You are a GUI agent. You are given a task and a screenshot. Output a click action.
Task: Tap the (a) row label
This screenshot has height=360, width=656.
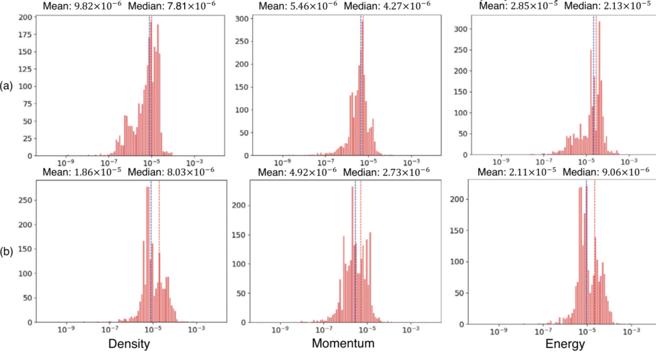pos(8,85)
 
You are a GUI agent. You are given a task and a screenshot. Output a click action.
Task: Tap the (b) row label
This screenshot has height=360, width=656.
pos(8,251)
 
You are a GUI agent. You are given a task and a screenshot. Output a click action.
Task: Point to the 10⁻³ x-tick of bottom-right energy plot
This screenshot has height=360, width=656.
pos(629,332)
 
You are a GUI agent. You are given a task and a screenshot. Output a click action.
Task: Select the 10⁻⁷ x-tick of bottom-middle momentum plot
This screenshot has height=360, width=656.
pos(325,330)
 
